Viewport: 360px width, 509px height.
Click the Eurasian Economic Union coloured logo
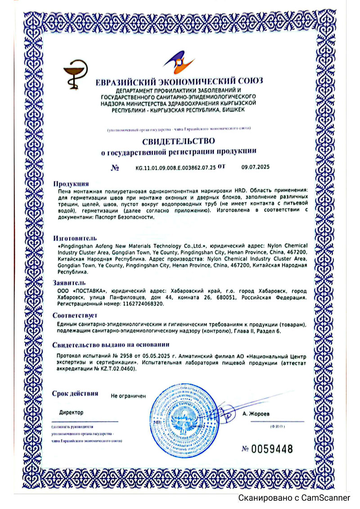point(179,63)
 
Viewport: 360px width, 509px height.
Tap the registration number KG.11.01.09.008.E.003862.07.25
point(175,167)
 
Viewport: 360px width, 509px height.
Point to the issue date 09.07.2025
point(255,167)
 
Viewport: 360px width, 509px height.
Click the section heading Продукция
point(71,183)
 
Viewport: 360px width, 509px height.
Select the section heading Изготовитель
point(75,237)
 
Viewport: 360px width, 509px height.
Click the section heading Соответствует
point(75,315)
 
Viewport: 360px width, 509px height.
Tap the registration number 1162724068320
point(142,304)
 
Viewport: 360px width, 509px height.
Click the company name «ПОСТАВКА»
point(90,291)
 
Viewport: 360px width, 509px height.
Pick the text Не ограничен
point(129,396)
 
